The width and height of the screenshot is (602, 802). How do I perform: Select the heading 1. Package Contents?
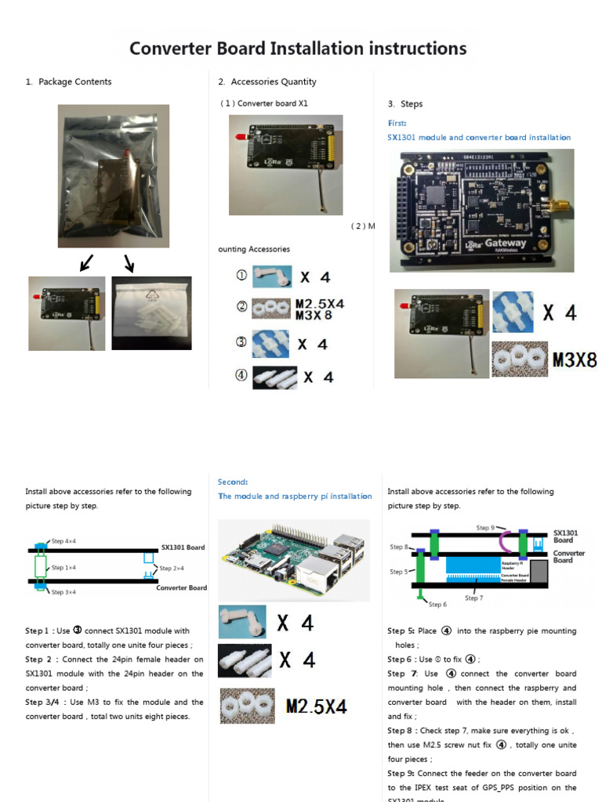pos(68,81)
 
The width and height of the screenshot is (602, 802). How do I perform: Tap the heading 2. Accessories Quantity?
pos(267,81)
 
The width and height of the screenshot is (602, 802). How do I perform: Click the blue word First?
pos(397,123)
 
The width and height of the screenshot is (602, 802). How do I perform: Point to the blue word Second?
pos(233,482)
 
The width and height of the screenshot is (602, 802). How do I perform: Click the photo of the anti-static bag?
pos(113,176)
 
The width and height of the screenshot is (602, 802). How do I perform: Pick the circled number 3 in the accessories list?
pos(241,342)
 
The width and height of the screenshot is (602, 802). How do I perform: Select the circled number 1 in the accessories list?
pos(241,276)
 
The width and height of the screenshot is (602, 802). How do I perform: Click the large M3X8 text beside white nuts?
pos(575,360)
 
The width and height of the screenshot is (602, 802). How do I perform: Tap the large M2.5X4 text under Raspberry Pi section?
pos(317,706)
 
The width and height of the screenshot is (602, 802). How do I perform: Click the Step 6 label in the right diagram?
pos(437,604)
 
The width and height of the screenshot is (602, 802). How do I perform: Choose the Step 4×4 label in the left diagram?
pos(63,541)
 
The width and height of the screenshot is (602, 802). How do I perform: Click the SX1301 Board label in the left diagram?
pos(183,547)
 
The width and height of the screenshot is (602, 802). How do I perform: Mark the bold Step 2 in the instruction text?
pos(39,659)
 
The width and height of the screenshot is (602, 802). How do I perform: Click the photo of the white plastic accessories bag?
pos(151,312)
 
